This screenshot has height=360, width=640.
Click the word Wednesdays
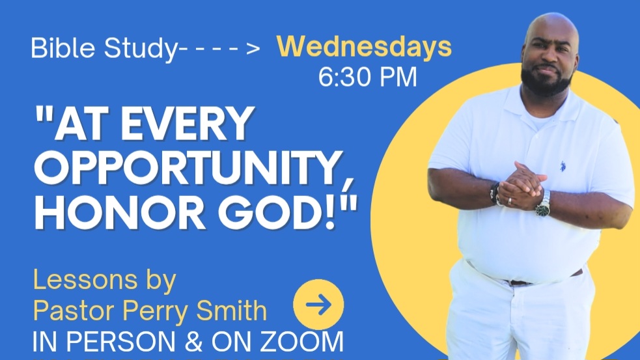pyautogui.click(x=364, y=48)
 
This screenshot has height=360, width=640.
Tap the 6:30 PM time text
pyautogui.click(x=368, y=77)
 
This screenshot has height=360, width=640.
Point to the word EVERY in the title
pyautogui.click(x=188, y=123)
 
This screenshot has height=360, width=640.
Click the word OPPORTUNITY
pyautogui.click(x=189, y=168)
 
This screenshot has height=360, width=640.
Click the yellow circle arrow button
pyautogui.click(x=318, y=305)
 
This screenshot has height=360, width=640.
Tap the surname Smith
pyautogui.click(x=232, y=311)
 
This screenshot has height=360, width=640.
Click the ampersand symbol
pyautogui.click(x=194, y=342)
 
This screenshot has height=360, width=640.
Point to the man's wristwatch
pyautogui.click(x=543, y=204)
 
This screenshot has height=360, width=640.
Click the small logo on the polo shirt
pyautogui.click(x=563, y=166)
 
